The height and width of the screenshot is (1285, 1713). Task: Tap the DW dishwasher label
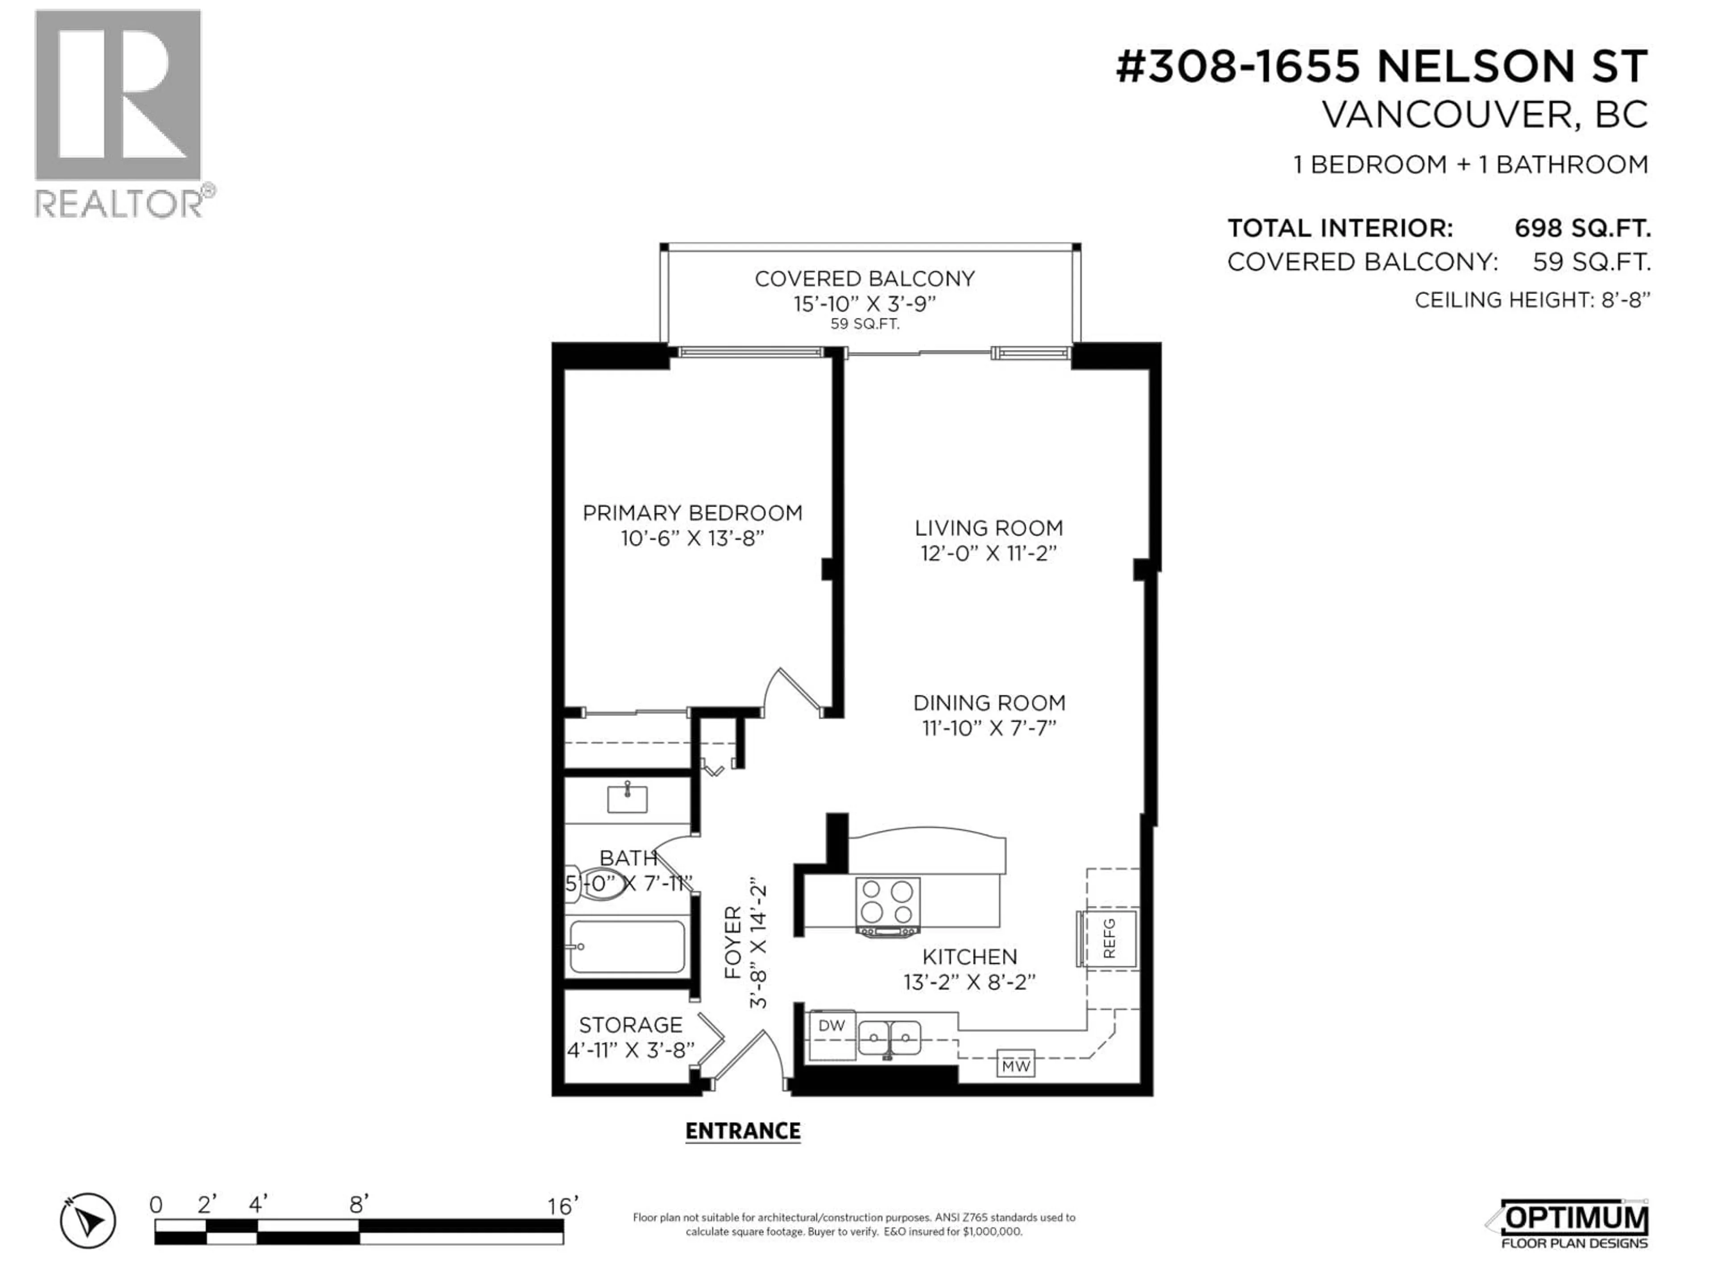tap(832, 1025)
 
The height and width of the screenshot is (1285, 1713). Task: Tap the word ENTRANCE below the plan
tap(743, 1132)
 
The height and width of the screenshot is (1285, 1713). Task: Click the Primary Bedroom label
tap(692, 513)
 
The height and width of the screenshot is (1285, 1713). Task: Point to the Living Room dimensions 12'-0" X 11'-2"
tap(988, 553)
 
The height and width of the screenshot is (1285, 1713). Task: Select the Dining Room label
tap(989, 703)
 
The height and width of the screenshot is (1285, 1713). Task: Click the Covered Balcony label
tap(864, 279)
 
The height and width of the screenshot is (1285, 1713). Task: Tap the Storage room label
tap(630, 1025)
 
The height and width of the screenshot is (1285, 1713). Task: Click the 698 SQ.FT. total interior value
tap(1582, 228)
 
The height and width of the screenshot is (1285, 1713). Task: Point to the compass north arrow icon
tap(88, 1222)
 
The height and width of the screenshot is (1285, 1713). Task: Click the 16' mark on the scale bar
tap(562, 1206)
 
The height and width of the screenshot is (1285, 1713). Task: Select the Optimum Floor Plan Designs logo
tap(1568, 1224)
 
